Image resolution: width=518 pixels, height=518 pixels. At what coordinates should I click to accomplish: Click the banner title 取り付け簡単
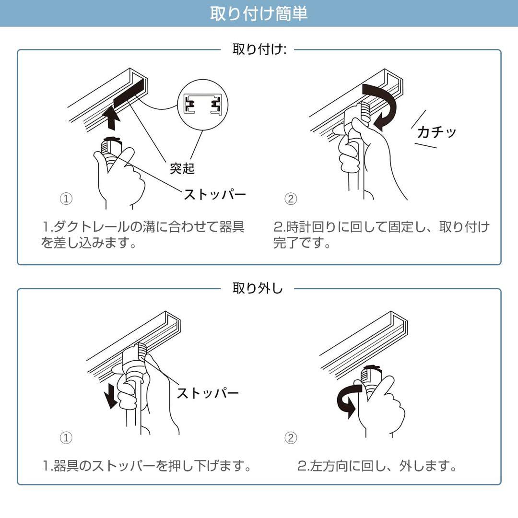[259, 13]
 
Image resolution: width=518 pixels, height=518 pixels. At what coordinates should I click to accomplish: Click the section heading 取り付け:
[259, 49]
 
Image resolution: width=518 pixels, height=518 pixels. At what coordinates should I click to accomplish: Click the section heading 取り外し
[258, 289]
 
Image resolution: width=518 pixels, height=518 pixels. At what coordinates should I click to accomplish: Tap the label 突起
[182, 169]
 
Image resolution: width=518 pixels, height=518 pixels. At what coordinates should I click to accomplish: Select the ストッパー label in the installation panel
[214, 194]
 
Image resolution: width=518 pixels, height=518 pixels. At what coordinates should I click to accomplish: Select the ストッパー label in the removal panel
[207, 393]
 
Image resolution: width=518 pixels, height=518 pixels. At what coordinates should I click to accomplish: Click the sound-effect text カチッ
[436, 132]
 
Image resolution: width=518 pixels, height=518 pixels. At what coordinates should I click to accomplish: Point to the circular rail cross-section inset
[202, 104]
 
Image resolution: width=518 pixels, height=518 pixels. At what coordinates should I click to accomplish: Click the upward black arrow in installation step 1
[111, 118]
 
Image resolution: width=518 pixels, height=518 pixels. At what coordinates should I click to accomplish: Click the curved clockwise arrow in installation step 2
[384, 106]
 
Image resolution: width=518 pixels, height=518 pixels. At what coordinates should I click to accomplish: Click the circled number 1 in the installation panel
[66, 199]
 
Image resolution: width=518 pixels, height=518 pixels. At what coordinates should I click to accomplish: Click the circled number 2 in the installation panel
[291, 199]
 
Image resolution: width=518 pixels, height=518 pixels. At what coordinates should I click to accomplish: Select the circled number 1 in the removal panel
[66, 437]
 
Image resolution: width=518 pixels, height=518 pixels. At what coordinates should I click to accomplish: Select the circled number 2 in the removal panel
[291, 437]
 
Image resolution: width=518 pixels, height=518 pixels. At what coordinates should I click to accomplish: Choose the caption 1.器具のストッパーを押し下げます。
[147, 466]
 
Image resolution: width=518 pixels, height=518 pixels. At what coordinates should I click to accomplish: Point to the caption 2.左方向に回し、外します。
[377, 466]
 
